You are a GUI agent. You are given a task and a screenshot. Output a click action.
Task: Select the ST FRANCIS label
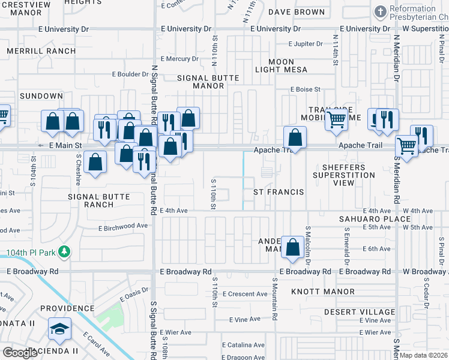click(278, 192)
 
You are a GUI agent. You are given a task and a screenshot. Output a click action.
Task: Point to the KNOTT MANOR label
click(323, 292)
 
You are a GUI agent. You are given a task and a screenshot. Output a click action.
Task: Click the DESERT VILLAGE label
click(360, 312)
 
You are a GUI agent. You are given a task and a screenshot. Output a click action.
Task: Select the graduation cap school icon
click(60, 329)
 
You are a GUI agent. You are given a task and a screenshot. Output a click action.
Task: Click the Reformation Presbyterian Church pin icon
click(379, 11)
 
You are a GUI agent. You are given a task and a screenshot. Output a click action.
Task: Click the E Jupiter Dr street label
click(310, 44)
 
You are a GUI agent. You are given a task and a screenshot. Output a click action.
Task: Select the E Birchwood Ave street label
click(123, 226)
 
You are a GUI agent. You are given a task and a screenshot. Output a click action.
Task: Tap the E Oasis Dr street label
click(133, 295)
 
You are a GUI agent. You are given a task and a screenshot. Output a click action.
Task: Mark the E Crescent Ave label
click(245, 294)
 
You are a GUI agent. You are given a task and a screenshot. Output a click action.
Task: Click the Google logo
click(20, 352)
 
